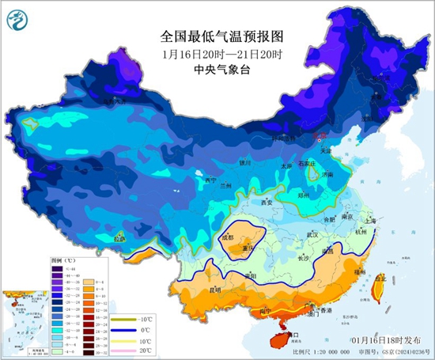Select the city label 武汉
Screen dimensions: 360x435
(312, 235)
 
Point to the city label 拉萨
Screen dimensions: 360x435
(119, 237)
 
